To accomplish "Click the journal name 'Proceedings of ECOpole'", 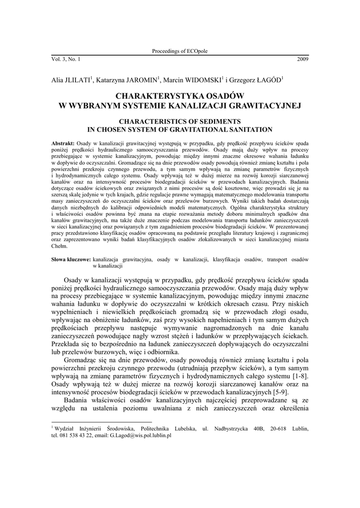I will click(x=179, y=51).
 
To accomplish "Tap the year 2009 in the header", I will click(x=302, y=59).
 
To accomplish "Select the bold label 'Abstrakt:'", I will click(x=63, y=143).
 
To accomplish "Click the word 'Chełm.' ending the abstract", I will click(x=60, y=246).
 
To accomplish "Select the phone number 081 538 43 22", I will click(x=75, y=435).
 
